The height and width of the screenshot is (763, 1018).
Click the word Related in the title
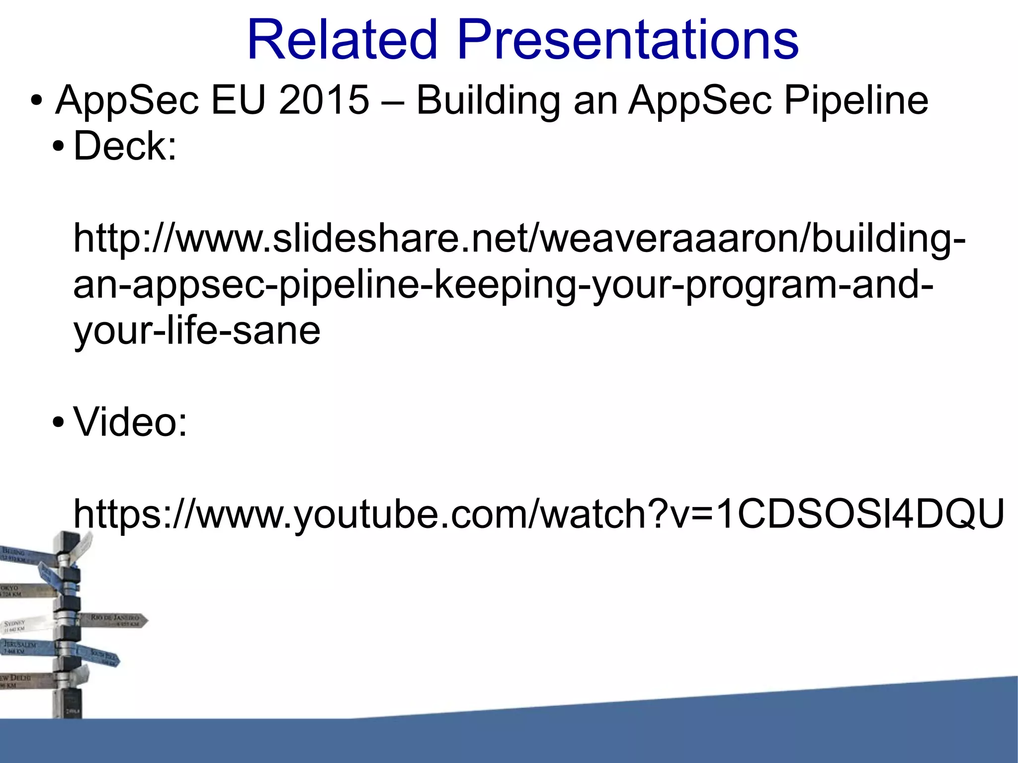pyautogui.click(x=342, y=40)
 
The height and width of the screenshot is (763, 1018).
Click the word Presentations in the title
pyautogui.click(x=627, y=40)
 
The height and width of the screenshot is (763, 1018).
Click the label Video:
pyautogui.click(x=130, y=422)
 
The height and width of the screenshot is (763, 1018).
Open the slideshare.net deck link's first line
pyautogui.click(x=519, y=239)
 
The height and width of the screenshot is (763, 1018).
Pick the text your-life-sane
pyautogui.click(x=197, y=331)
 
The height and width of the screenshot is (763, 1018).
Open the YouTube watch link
pyautogui.click(x=539, y=514)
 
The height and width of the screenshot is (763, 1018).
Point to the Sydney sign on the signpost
pyautogui.click(x=22, y=625)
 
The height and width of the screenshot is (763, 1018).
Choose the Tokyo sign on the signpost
pyautogui.click(x=20, y=591)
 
